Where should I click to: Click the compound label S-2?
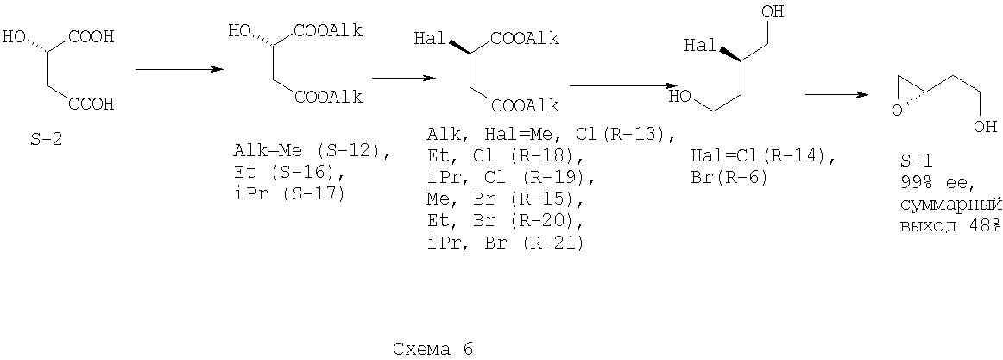coord(47,140)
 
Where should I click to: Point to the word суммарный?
coord(949,205)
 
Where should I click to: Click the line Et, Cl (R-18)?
coord(505,155)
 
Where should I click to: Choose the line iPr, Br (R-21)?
coord(505,243)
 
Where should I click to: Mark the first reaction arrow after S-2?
coord(180,69)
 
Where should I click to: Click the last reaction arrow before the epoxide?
coord(836,95)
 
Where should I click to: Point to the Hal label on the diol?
coord(700,46)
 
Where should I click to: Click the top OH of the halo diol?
coord(774,12)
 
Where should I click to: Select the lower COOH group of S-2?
coord(91,103)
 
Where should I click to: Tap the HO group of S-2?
coord(13,36)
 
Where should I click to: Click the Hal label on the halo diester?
coord(430,39)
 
